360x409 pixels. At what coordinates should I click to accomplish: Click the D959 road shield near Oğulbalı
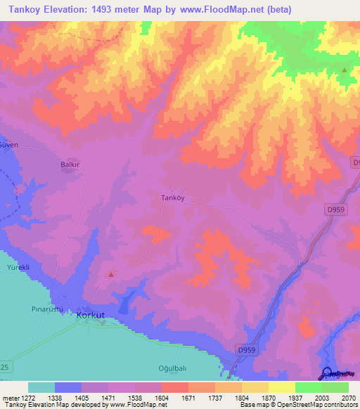point(246,350)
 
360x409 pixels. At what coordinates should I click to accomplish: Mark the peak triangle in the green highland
point(344,70)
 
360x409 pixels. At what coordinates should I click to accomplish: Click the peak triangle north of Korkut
point(110,274)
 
